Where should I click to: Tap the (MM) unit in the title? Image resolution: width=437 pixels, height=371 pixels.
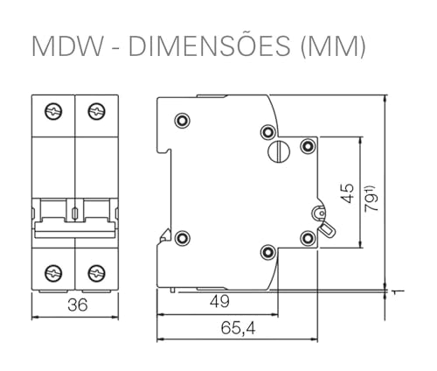[333, 46]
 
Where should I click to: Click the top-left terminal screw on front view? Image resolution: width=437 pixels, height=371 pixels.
[52, 111]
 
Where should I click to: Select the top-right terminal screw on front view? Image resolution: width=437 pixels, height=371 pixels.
[95, 111]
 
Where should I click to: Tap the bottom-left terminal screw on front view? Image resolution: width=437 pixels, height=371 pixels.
[52, 271]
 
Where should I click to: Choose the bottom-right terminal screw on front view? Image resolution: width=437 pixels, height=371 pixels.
[95, 271]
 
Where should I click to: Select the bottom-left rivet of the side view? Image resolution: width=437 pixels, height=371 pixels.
[182, 237]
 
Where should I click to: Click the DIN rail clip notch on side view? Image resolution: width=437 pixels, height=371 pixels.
[163, 234]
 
